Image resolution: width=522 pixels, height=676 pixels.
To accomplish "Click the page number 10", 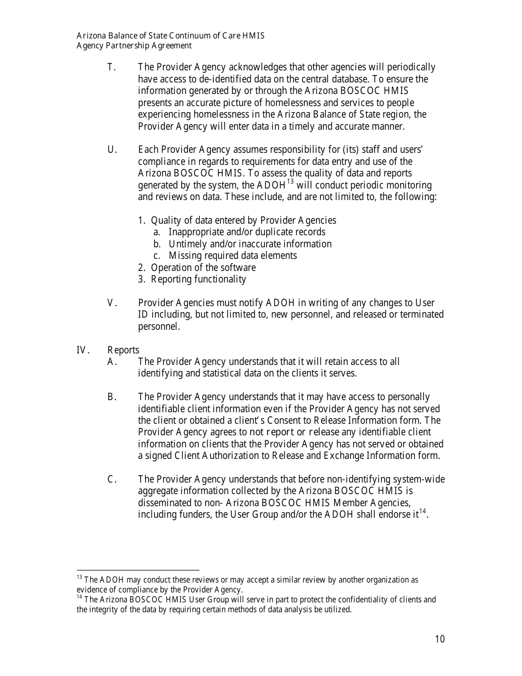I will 439,639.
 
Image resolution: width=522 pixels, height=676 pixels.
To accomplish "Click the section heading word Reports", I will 123,350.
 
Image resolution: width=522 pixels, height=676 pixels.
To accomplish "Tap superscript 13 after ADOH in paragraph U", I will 290,182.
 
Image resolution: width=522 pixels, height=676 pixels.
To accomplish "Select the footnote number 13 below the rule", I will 79,577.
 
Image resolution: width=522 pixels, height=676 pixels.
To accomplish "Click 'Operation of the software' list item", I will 203,268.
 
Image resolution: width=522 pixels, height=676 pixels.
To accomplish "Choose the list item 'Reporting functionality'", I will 198,279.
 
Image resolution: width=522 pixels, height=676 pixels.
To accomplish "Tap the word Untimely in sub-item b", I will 187,244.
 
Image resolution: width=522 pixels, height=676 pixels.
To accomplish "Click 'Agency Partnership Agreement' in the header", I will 134,46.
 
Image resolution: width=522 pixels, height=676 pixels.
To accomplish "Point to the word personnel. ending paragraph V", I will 159,326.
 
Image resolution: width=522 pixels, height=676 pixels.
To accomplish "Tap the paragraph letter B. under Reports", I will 112,397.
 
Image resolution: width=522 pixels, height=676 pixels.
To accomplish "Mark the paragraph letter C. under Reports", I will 112,479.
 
